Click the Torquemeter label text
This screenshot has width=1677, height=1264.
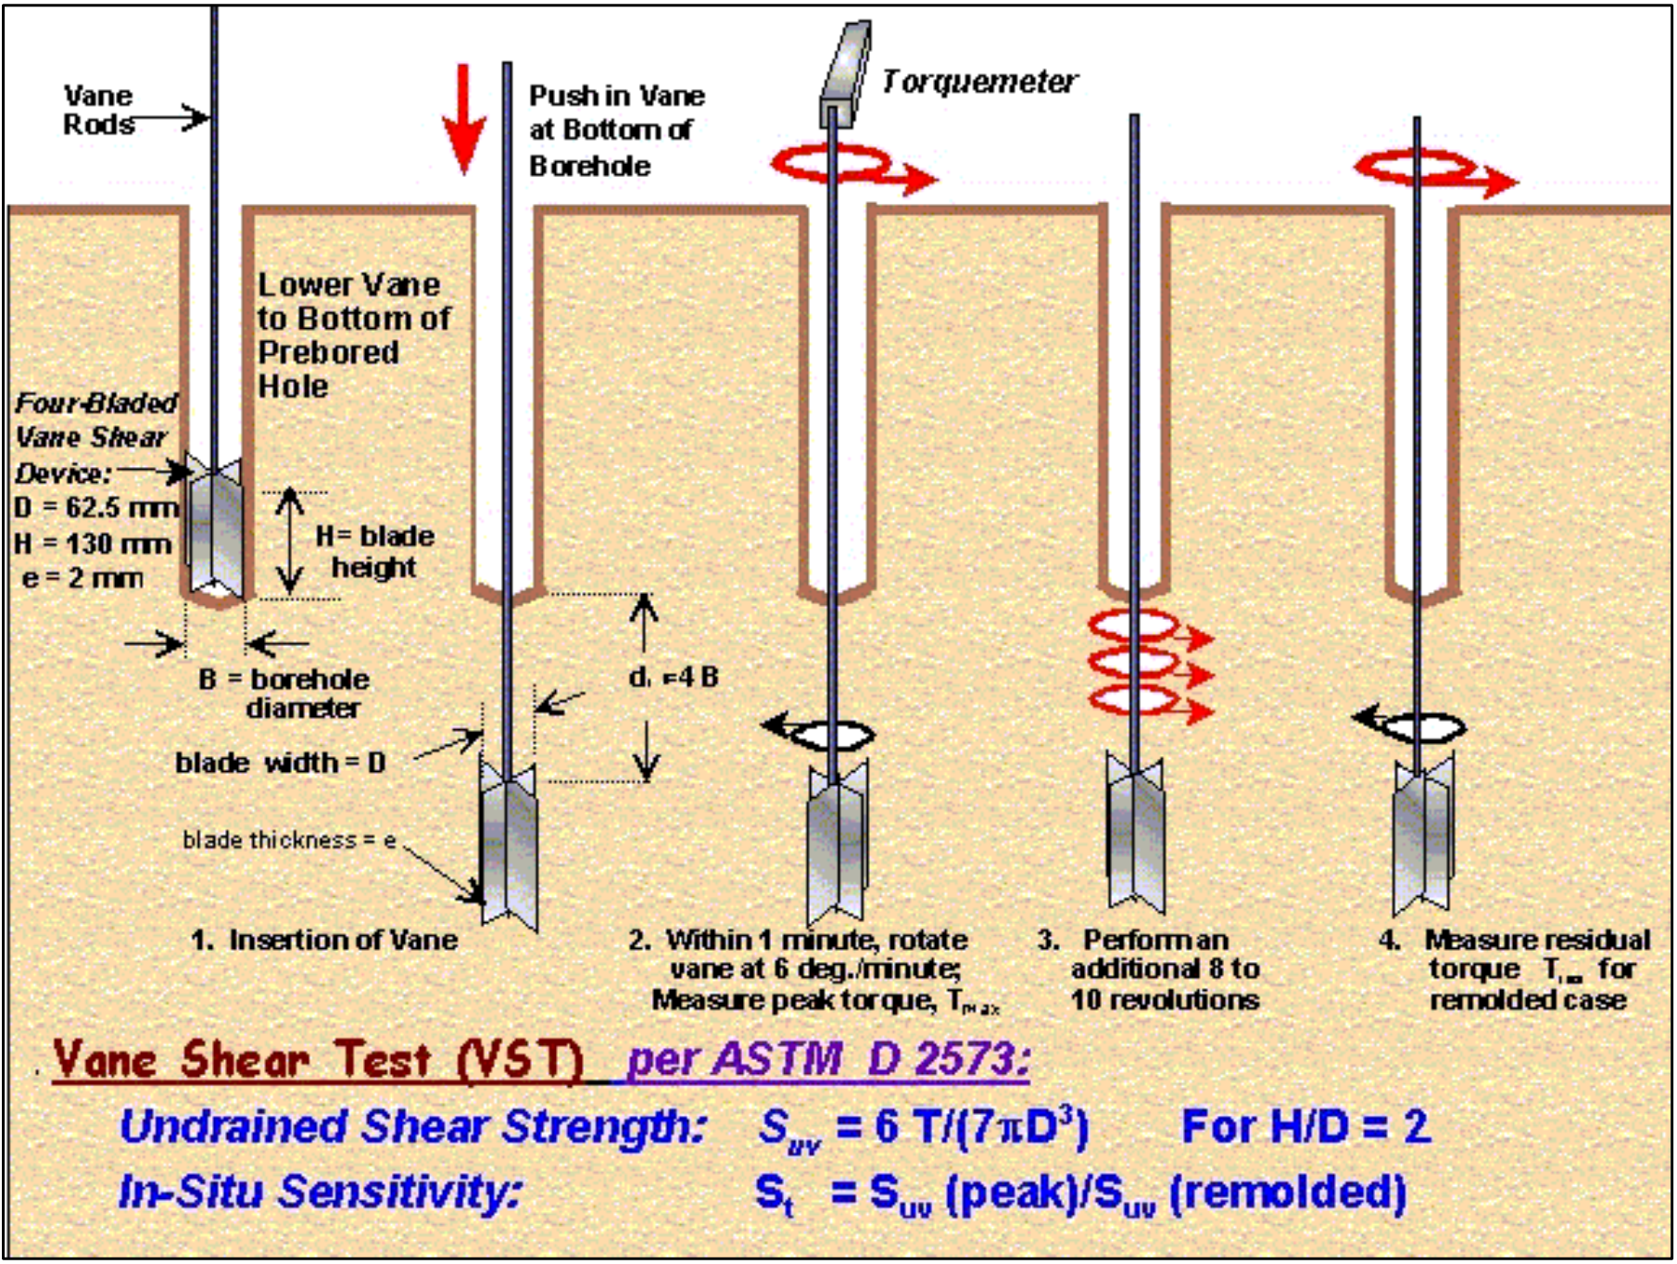pyautogui.click(x=978, y=82)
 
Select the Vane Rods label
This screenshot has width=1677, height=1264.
pyautogui.click(x=98, y=109)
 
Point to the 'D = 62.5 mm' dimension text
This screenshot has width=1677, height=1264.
pyautogui.click(x=96, y=508)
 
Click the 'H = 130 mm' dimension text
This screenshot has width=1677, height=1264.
pyautogui.click(x=93, y=543)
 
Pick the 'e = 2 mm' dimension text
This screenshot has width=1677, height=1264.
pyautogui.click(x=82, y=578)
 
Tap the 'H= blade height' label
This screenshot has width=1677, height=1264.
pyautogui.click(x=374, y=551)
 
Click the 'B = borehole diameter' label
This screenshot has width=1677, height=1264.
pyautogui.click(x=284, y=693)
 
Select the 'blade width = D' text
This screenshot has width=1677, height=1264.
pyautogui.click(x=280, y=763)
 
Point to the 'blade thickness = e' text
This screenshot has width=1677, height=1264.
pyautogui.click(x=289, y=840)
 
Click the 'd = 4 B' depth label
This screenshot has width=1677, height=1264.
pyautogui.click(x=674, y=677)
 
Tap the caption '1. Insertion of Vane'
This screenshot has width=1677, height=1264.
pyautogui.click(x=324, y=940)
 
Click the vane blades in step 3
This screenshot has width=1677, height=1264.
pyautogui.click(x=1135, y=834)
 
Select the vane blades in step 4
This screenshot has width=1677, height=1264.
pyautogui.click(x=1423, y=834)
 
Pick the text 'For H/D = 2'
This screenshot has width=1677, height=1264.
pyautogui.click(x=1306, y=1127)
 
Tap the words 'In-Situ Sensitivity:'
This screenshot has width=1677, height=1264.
pyautogui.click(x=320, y=1192)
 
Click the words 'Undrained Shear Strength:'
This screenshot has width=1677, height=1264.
pyautogui.click(x=412, y=1127)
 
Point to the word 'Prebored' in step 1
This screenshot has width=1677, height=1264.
pyautogui.click(x=329, y=352)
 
